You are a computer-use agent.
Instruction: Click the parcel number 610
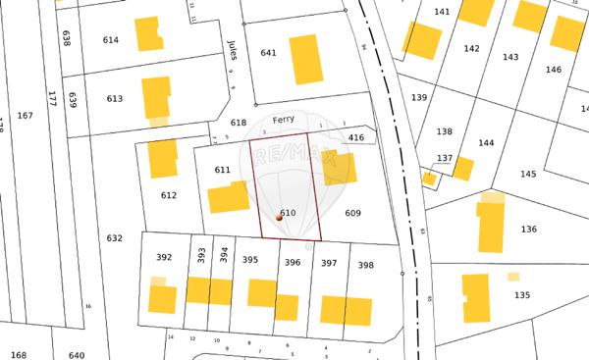tap(288, 213)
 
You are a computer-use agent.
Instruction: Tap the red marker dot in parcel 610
tap(279, 219)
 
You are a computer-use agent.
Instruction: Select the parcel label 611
tap(222, 170)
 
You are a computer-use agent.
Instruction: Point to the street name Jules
tap(233, 50)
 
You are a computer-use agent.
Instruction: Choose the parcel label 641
tap(268, 52)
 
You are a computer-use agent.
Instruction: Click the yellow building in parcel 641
tap(305, 59)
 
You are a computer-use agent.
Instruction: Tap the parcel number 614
tap(111, 39)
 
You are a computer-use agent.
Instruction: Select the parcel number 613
tap(115, 98)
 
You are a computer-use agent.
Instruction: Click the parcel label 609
tap(353, 213)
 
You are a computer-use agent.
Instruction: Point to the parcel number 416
tap(355, 138)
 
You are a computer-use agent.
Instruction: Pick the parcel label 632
tap(114, 237)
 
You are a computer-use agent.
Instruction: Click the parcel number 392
tap(164, 257)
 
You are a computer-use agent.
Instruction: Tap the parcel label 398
tap(365, 265)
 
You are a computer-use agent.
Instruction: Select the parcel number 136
tap(529, 229)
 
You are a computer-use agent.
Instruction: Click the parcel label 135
tap(522, 294)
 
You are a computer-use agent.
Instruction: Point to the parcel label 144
tap(486, 142)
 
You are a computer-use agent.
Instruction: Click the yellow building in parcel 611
tap(229, 196)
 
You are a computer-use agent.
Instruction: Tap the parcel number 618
tap(238, 123)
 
